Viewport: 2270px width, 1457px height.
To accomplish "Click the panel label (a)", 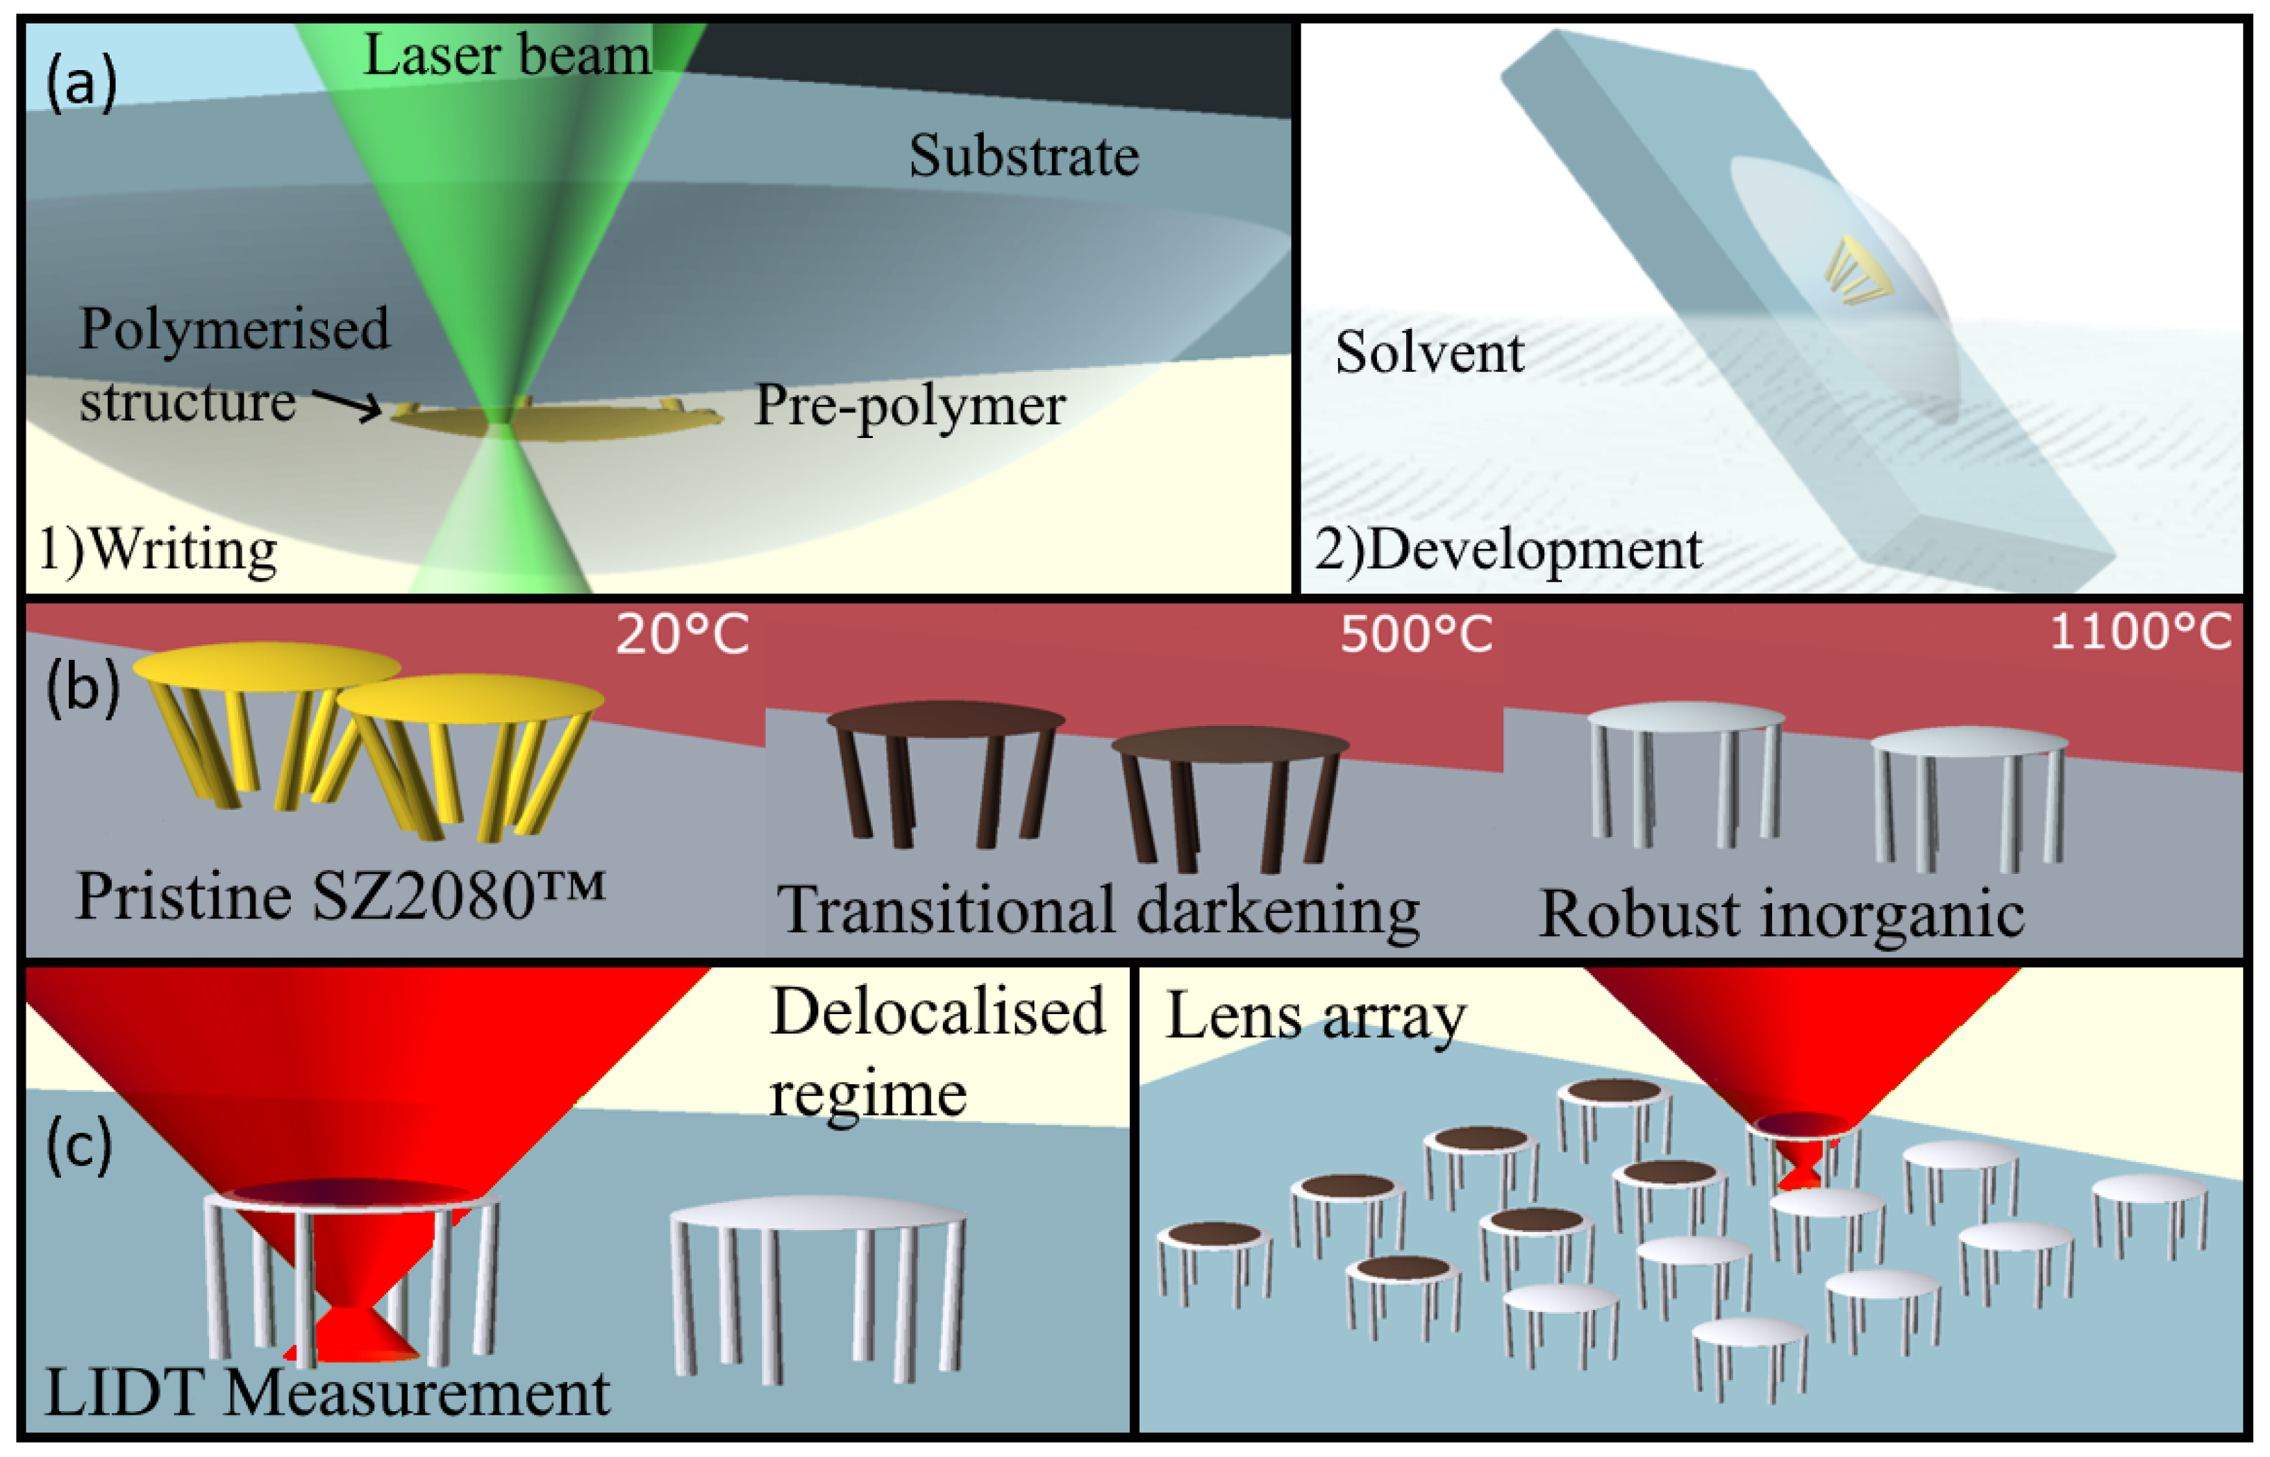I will (81, 83).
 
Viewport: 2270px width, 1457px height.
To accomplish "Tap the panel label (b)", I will (83, 688).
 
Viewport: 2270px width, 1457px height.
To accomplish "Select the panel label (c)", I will (79, 1146).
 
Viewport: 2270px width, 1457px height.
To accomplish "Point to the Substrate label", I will (1024, 156).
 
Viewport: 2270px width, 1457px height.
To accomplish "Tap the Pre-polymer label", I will (910, 407).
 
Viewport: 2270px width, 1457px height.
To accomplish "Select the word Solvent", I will (1429, 353).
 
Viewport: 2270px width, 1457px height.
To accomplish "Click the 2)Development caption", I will (1508, 550).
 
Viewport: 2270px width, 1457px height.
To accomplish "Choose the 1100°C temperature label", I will (2140, 632).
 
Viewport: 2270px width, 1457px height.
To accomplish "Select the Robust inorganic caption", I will (1782, 914).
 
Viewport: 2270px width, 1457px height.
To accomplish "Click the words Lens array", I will (1315, 1017).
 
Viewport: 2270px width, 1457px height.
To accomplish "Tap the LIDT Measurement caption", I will (327, 1392).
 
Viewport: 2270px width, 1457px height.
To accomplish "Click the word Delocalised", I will (937, 1011).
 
